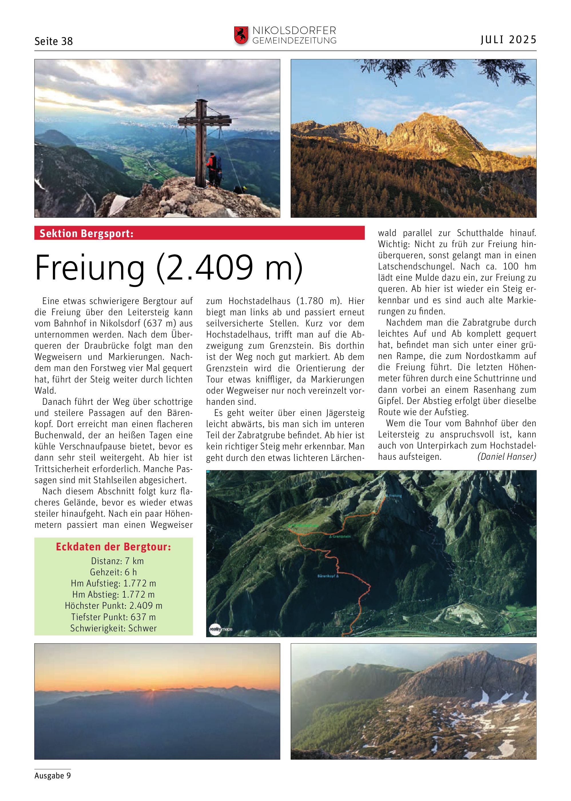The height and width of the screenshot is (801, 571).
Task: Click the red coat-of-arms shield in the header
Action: point(241,36)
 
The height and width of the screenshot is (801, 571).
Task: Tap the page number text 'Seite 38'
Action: point(53,41)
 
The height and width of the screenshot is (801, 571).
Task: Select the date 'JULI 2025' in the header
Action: point(508,40)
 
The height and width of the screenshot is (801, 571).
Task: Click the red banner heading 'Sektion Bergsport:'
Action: point(86,233)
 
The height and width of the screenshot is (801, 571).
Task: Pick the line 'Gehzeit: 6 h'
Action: point(113,572)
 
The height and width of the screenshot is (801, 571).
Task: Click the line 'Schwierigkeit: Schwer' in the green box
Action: point(113,628)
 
